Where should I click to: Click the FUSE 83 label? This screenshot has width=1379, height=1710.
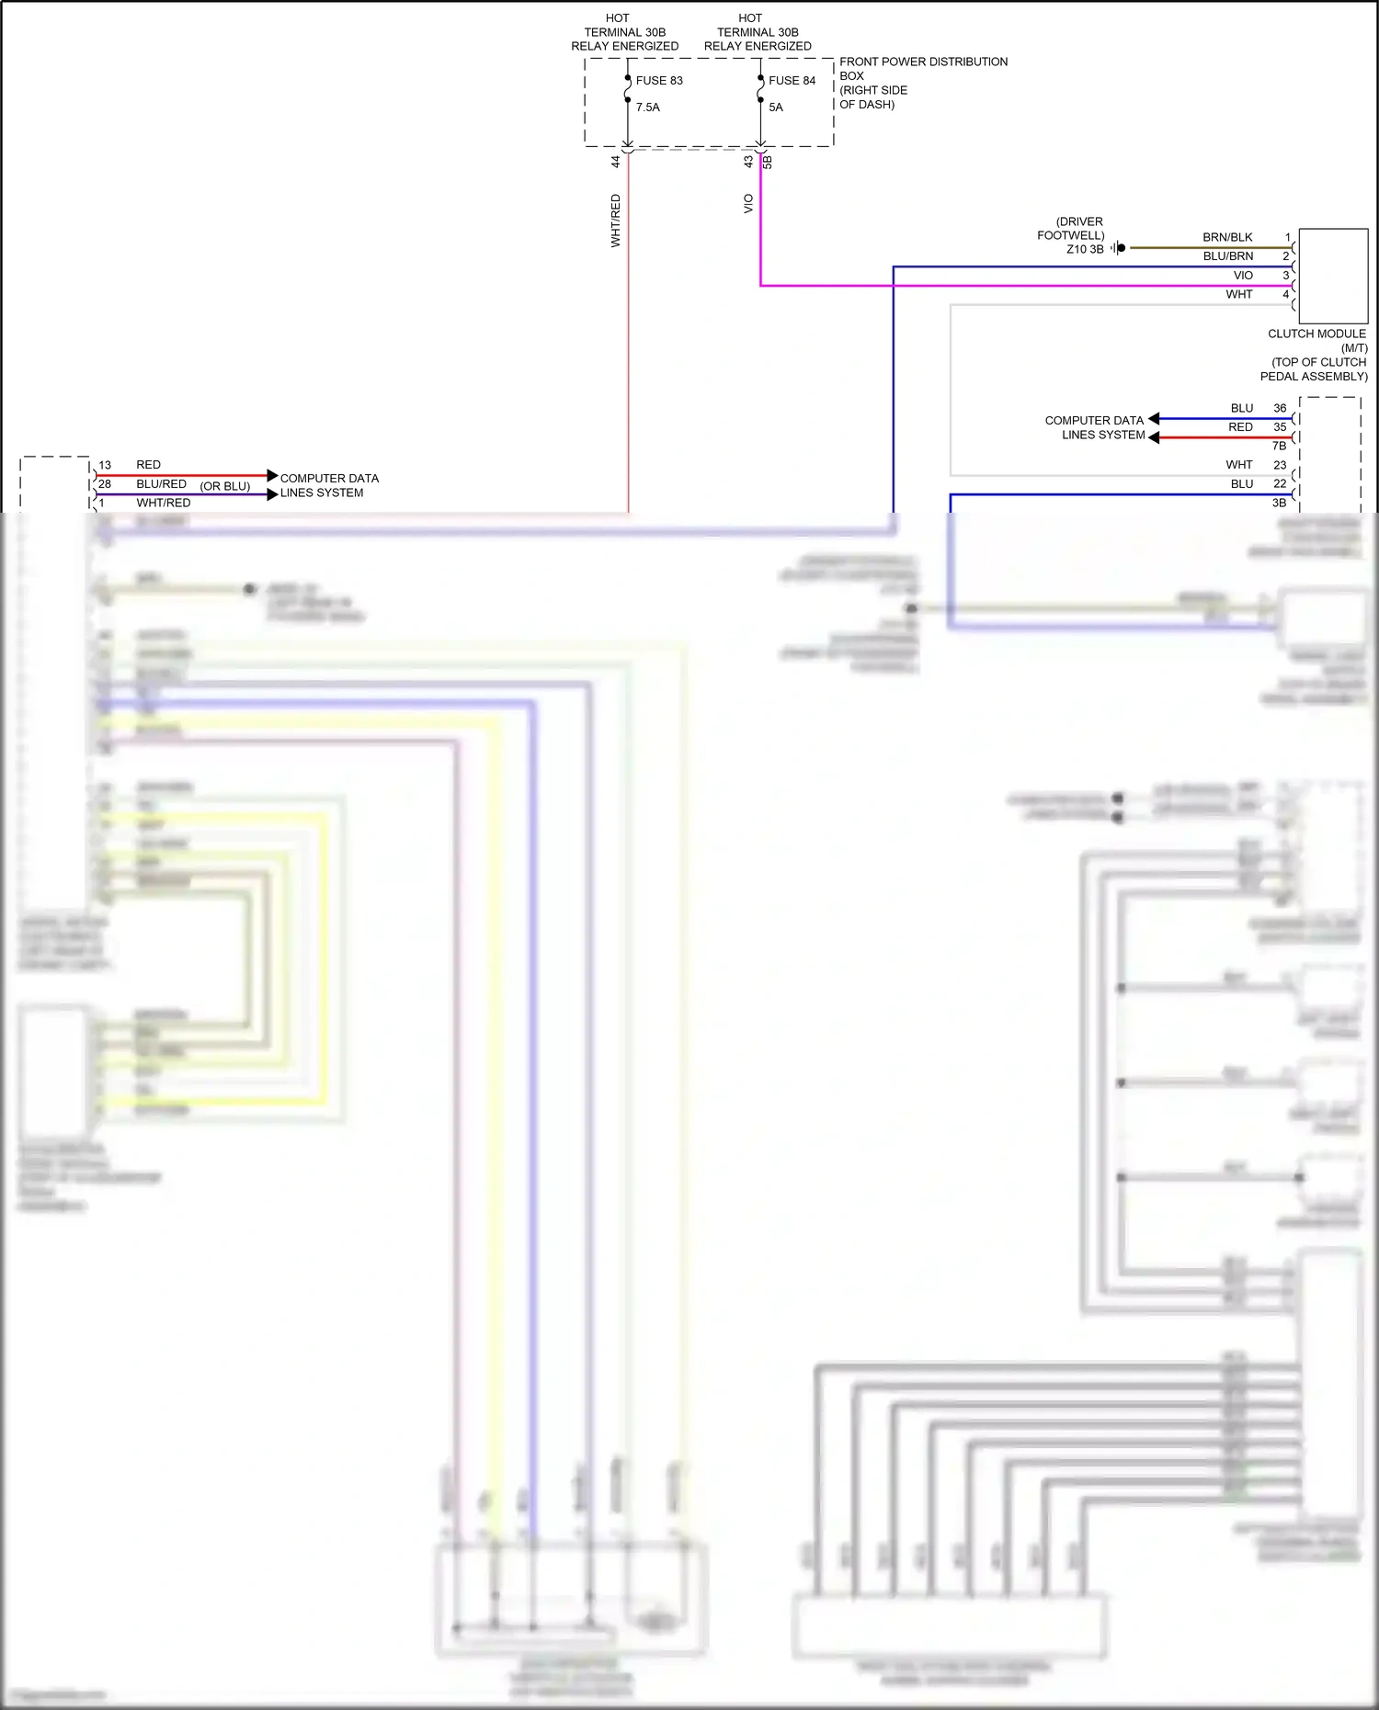(x=658, y=81)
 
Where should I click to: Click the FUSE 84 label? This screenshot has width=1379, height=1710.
(x=792, y=81)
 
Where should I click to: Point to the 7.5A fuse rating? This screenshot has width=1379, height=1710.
(x=647, y=108)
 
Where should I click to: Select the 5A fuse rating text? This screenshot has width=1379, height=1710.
(x=776, y=108)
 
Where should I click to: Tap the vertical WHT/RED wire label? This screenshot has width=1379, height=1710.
(x=616, y=221)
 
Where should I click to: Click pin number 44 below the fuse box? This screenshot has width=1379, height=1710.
(x=616, y=162)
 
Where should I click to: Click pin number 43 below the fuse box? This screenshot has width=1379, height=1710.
(x=748, y=162)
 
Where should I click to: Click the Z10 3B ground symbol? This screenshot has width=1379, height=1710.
(x=1118, y=248)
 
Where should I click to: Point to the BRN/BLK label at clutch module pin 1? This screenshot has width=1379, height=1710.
(x=1227, y=237)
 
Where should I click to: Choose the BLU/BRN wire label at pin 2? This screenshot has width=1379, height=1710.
(x=1227, y=256)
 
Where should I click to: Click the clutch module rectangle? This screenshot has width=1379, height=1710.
(x=1333, y=275)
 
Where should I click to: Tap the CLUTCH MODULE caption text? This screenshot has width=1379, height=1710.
(x=1316, y=334)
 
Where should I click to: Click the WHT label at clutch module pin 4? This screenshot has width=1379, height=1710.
(x=1238, y=295)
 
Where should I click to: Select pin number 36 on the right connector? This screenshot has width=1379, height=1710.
(x=1279, y=408)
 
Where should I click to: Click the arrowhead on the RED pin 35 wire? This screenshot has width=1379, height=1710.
(x=1154, y=437)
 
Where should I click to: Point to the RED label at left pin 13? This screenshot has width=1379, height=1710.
(x=148, y=465)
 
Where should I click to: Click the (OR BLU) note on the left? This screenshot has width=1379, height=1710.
(x=224, y=486)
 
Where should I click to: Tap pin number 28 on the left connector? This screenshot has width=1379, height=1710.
(x=105, y=484)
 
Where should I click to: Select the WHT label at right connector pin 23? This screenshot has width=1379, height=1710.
(x=1238, y=465)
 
